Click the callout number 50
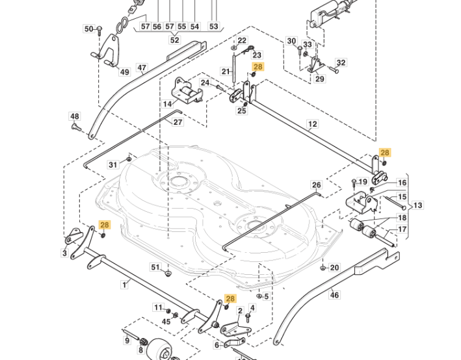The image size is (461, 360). tap(88, 29)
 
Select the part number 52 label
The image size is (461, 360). tap(174, 40)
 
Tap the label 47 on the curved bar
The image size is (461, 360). tap(142, 68)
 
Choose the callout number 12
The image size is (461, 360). tap(312, 124)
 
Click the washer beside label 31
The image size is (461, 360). tap(129, 159)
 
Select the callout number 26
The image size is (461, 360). tap(317, 185)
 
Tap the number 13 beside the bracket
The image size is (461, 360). tap(417, 205)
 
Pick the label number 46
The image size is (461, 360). tap(335, 294)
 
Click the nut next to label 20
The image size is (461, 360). tap(323, 268)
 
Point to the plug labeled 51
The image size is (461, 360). tap(168, 274)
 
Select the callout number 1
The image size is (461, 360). tap(125, 285)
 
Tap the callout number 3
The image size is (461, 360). tap(64, 253)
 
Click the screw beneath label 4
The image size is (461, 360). tap(248, 317)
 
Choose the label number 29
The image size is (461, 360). tap(320, 79)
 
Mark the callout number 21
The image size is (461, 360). tap(226, 71)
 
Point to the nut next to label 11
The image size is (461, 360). tap(168, 311)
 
